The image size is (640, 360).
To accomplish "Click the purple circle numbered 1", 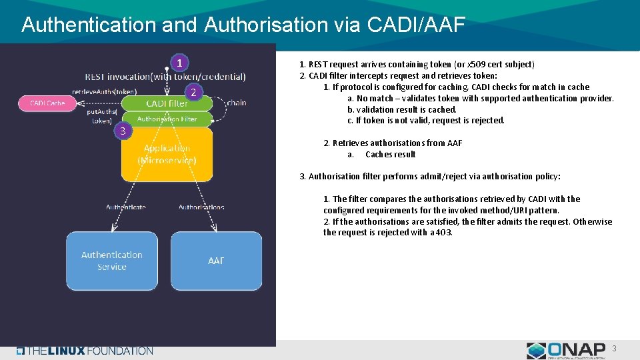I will click(x=179, y=63).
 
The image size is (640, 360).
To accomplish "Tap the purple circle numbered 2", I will click(x=192, y=93).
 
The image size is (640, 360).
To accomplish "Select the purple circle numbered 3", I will click(x=122, y=131).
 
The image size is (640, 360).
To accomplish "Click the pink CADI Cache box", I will click(x=47, y=103).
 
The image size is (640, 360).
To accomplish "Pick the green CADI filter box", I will click(x=167, y=103).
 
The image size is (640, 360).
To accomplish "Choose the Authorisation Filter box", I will click(x=167, y=119).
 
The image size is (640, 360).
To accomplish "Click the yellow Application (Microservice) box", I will click(x=167, y=154).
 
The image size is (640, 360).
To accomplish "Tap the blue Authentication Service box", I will click(x=112, y=261).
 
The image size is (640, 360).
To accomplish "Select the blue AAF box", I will click(x=216, y=261).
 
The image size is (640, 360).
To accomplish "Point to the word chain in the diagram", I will click(x=237, y=103).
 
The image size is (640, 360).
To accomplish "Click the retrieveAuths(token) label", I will click(x=105, y=91).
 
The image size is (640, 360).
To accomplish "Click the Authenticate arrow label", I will click(x=126, y=207).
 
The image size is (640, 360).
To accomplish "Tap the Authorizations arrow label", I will click(x=201, y=207).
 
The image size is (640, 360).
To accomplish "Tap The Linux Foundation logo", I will click(x=85, y=351).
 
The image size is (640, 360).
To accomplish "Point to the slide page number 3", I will click(x=615, y=349).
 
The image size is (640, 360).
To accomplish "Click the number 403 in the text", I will click(x=443, y=233).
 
